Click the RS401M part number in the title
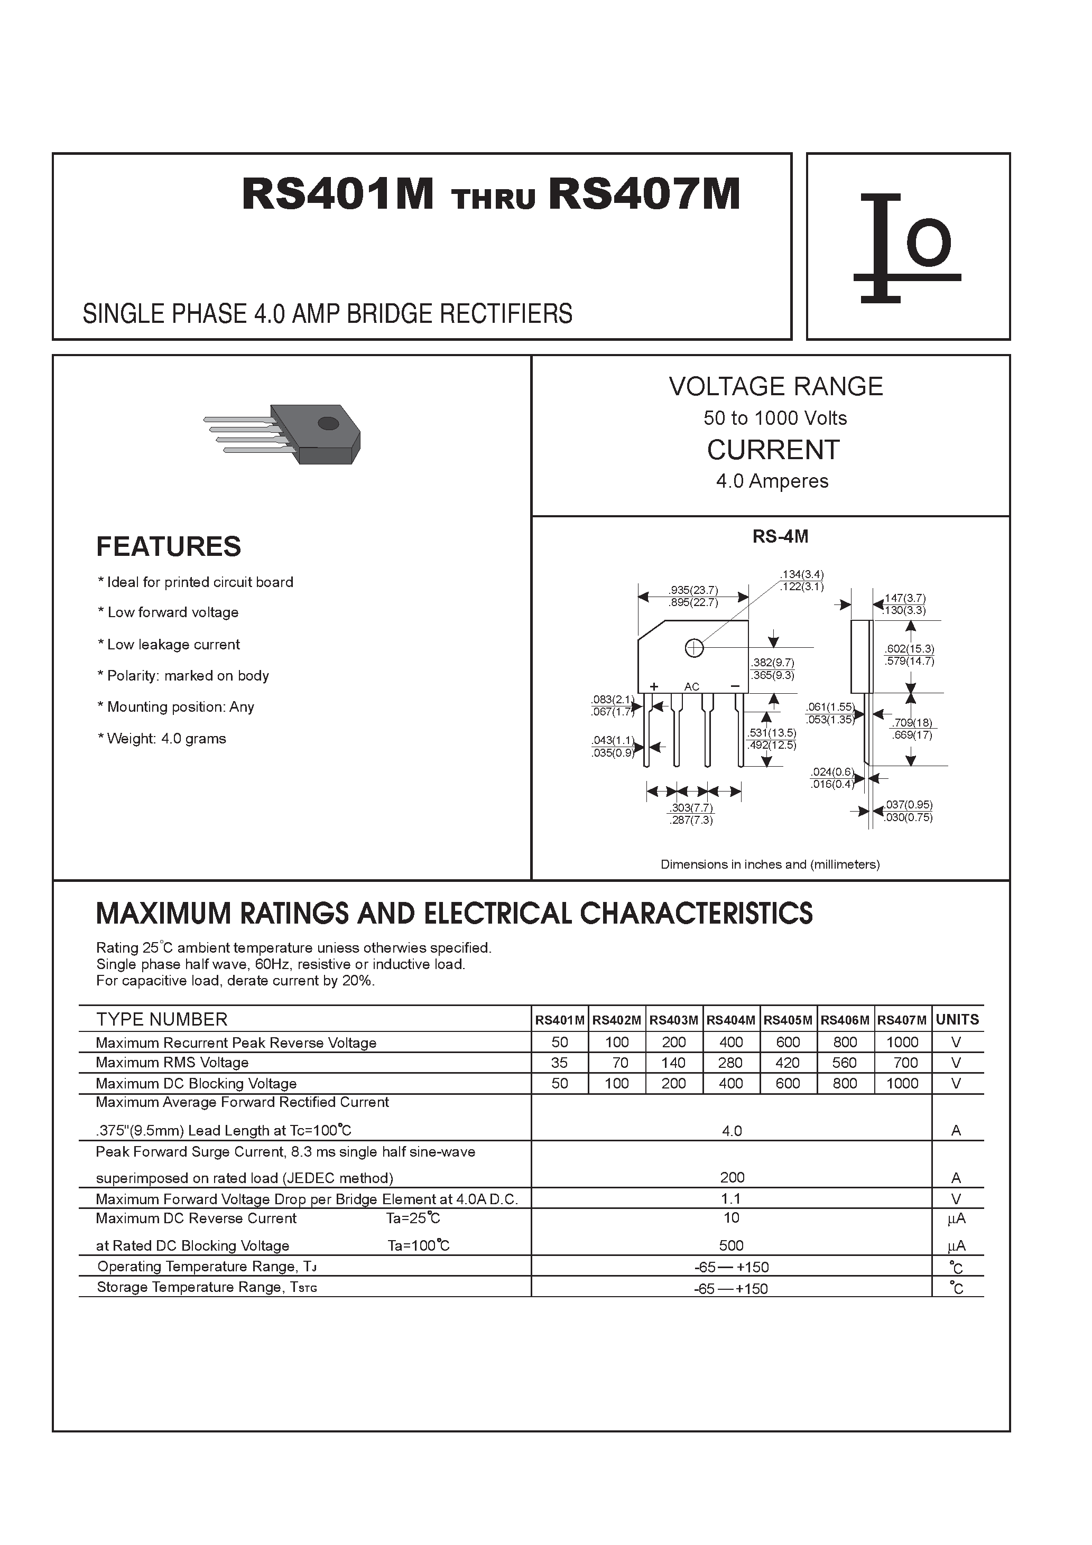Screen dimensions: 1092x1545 tap(337, 195)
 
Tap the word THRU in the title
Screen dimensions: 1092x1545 tap(494, 200)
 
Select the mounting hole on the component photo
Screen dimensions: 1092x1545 tap(328, 423)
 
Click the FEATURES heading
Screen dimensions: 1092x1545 tap(168, 546)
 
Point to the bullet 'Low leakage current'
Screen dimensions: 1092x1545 tap(169, 645)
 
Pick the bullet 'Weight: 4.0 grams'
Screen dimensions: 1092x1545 tap(162, 739)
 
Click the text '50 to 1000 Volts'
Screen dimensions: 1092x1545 tap(775, 418)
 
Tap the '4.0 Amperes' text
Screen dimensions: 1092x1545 tap(772, 481)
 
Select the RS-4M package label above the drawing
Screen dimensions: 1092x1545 tap(780, 536)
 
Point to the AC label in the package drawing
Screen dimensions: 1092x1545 tap(691, 687)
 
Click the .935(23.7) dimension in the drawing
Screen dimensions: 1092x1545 tap(693, 590)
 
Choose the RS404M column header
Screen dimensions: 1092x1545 tap(730, 1020)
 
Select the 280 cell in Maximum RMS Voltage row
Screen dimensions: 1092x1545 tap(730, 1063)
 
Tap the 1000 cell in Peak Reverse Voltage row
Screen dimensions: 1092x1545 tap(902, 1043)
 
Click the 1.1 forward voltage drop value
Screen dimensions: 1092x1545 tap(731, 1198)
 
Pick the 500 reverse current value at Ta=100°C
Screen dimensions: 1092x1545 tap(731, 1245)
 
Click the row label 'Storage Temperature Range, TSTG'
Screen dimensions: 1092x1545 tap(207, 1287)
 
